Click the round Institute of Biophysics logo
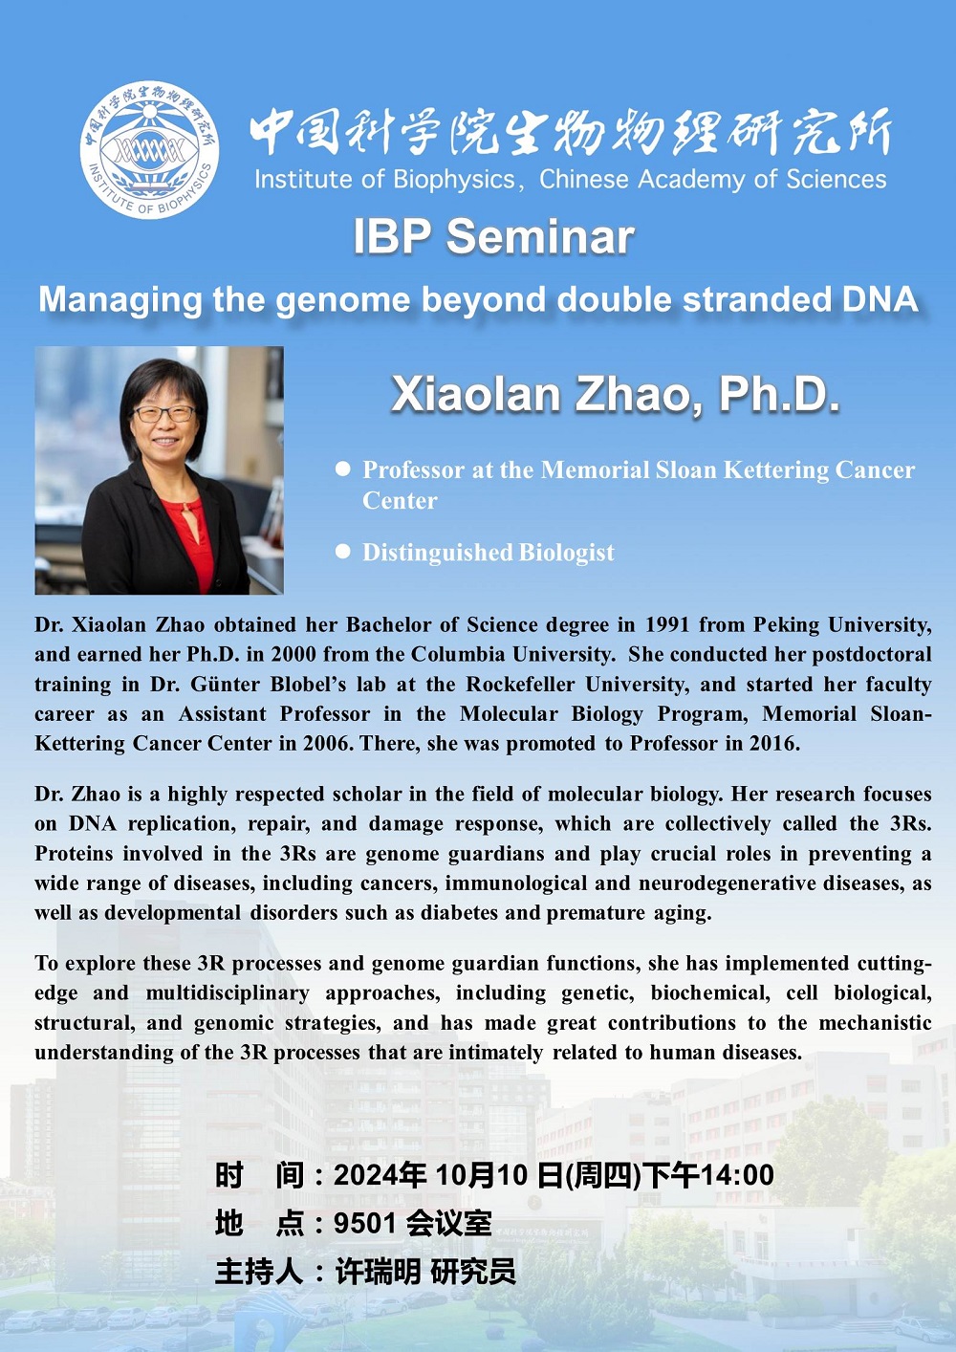point(149,150)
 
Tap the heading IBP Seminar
point(493,236)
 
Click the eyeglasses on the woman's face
point(163,413)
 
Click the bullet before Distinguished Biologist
point(343,551)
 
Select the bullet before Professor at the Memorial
point(343,469)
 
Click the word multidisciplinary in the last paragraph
point(228,992)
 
